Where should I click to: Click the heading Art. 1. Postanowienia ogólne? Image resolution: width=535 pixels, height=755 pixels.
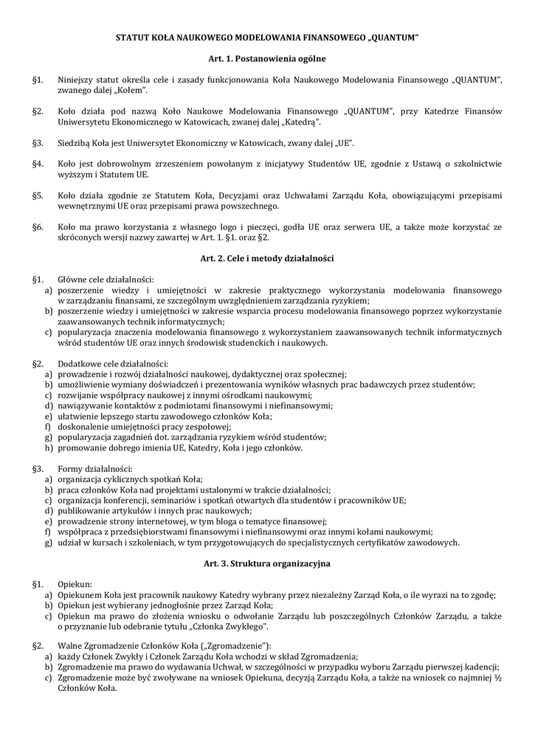point(267,58)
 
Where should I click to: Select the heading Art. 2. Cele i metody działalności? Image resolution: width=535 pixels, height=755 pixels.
point(267,259)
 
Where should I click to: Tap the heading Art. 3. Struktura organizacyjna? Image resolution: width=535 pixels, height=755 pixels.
point(267,563)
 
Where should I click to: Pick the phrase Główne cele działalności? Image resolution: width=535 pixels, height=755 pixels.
point(106,280)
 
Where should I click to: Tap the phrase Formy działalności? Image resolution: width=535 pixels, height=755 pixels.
point(95,468)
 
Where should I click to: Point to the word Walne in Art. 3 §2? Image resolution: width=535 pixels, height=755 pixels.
point(69,646)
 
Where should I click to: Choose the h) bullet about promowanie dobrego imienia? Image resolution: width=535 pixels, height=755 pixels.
point(48,448)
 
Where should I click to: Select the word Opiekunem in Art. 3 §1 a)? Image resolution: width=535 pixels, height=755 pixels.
point(78,595)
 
